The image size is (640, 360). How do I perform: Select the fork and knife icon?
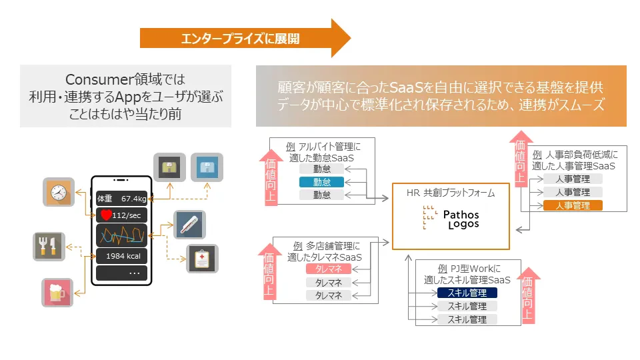point(49,247)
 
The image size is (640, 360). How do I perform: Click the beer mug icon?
point(57,293)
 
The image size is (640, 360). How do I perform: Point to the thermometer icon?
point(189,225)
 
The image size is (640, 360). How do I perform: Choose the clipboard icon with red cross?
point(202,259)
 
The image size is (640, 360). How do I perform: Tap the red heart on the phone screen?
point(105,215)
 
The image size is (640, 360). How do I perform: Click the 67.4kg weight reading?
point(133,199)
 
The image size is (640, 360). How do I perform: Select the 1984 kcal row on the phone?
point(121,257)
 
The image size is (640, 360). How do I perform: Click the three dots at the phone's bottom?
point(134,273)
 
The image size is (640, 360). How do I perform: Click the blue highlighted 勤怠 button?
point(322,182)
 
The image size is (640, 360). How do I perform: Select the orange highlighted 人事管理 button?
point(573,205)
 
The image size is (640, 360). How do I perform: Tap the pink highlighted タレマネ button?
point(328,269)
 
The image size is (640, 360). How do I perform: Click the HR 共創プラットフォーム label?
point(451,193)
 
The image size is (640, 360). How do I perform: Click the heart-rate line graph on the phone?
point(121,235)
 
